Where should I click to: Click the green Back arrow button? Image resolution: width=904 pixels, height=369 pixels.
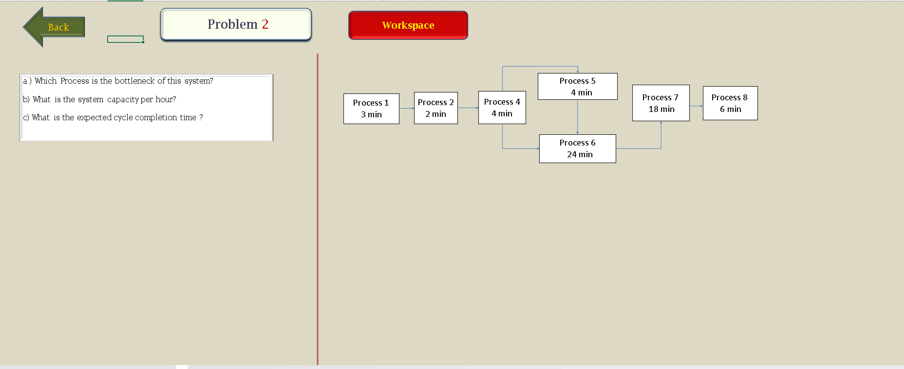(x=54, y=27)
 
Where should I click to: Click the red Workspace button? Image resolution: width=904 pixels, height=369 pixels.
(x=408, y=25)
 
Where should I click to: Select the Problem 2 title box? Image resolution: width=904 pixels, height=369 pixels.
(x=236, y=24)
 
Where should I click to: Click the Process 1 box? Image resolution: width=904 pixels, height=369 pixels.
(x=371, y=109)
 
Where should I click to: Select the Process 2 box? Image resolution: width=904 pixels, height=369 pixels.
(x=436, y=108)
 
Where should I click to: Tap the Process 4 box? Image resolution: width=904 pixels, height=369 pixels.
(x=502, y=108)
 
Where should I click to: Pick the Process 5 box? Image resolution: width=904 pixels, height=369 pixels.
(x=578, y=87)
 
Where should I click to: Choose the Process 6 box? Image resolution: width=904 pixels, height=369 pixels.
(x=578, y=148)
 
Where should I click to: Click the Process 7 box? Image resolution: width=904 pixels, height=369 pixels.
(x=661, y=103)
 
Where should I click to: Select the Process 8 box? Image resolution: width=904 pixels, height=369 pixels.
(x=730, y=103)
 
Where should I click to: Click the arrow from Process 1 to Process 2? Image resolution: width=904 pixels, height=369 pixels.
(x=407, y=108)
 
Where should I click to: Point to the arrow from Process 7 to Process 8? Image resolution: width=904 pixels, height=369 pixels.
(x=696, y=106)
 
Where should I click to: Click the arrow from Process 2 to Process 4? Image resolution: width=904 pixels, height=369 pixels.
(x=468, y=108)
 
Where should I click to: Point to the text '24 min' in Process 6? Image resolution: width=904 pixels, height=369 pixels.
(x=580, y=154)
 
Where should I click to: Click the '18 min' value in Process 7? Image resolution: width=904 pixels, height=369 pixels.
(x=661, y=109)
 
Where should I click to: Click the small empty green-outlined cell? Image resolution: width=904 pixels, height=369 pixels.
(x=126, y=39)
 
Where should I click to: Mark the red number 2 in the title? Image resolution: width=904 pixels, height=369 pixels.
(x=265, y=24)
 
